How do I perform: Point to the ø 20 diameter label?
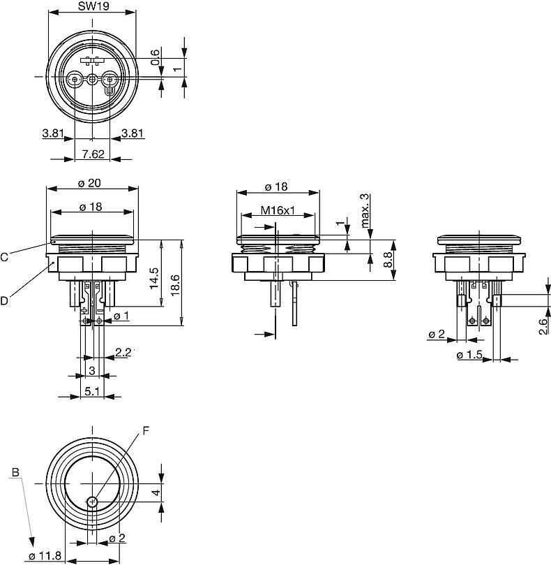(x=91, y=182)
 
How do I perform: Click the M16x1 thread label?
(x=278, y=210)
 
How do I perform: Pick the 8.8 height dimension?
(x=388, y=261)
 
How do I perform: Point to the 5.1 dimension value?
(x=91, y=392)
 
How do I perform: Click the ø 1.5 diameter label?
(x=470, y=356)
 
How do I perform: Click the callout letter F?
(x=146, y=431)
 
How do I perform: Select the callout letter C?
(x=4, y=257)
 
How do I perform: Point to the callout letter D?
(x=4, y=301)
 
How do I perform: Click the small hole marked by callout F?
(x=92, y=501)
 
